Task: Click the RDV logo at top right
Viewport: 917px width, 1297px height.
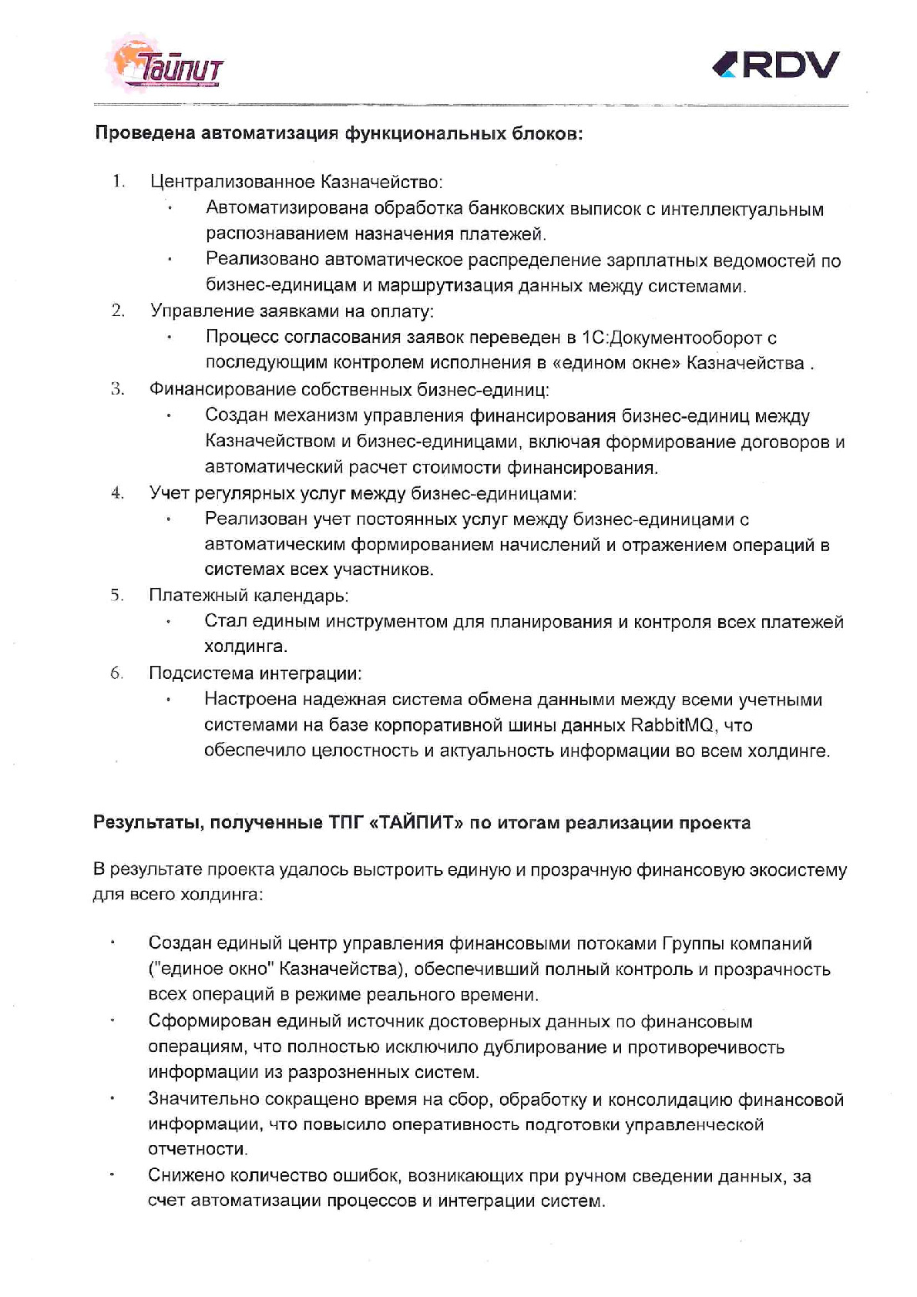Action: (776, 66)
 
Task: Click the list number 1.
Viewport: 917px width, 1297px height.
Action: (118, 182)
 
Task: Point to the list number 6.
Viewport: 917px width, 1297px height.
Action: (117, 673)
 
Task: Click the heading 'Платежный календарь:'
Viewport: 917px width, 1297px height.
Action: (249, 596)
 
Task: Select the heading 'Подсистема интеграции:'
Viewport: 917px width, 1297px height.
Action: (255, 673)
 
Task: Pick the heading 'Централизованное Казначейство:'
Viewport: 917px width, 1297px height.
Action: (296, 183)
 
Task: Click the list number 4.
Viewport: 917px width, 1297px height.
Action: (117, 492)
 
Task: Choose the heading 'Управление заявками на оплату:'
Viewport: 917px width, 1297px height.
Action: (292, 311)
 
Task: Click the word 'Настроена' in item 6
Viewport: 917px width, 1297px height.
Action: (248, 700)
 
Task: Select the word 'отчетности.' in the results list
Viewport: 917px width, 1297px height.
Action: (198, 1149)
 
